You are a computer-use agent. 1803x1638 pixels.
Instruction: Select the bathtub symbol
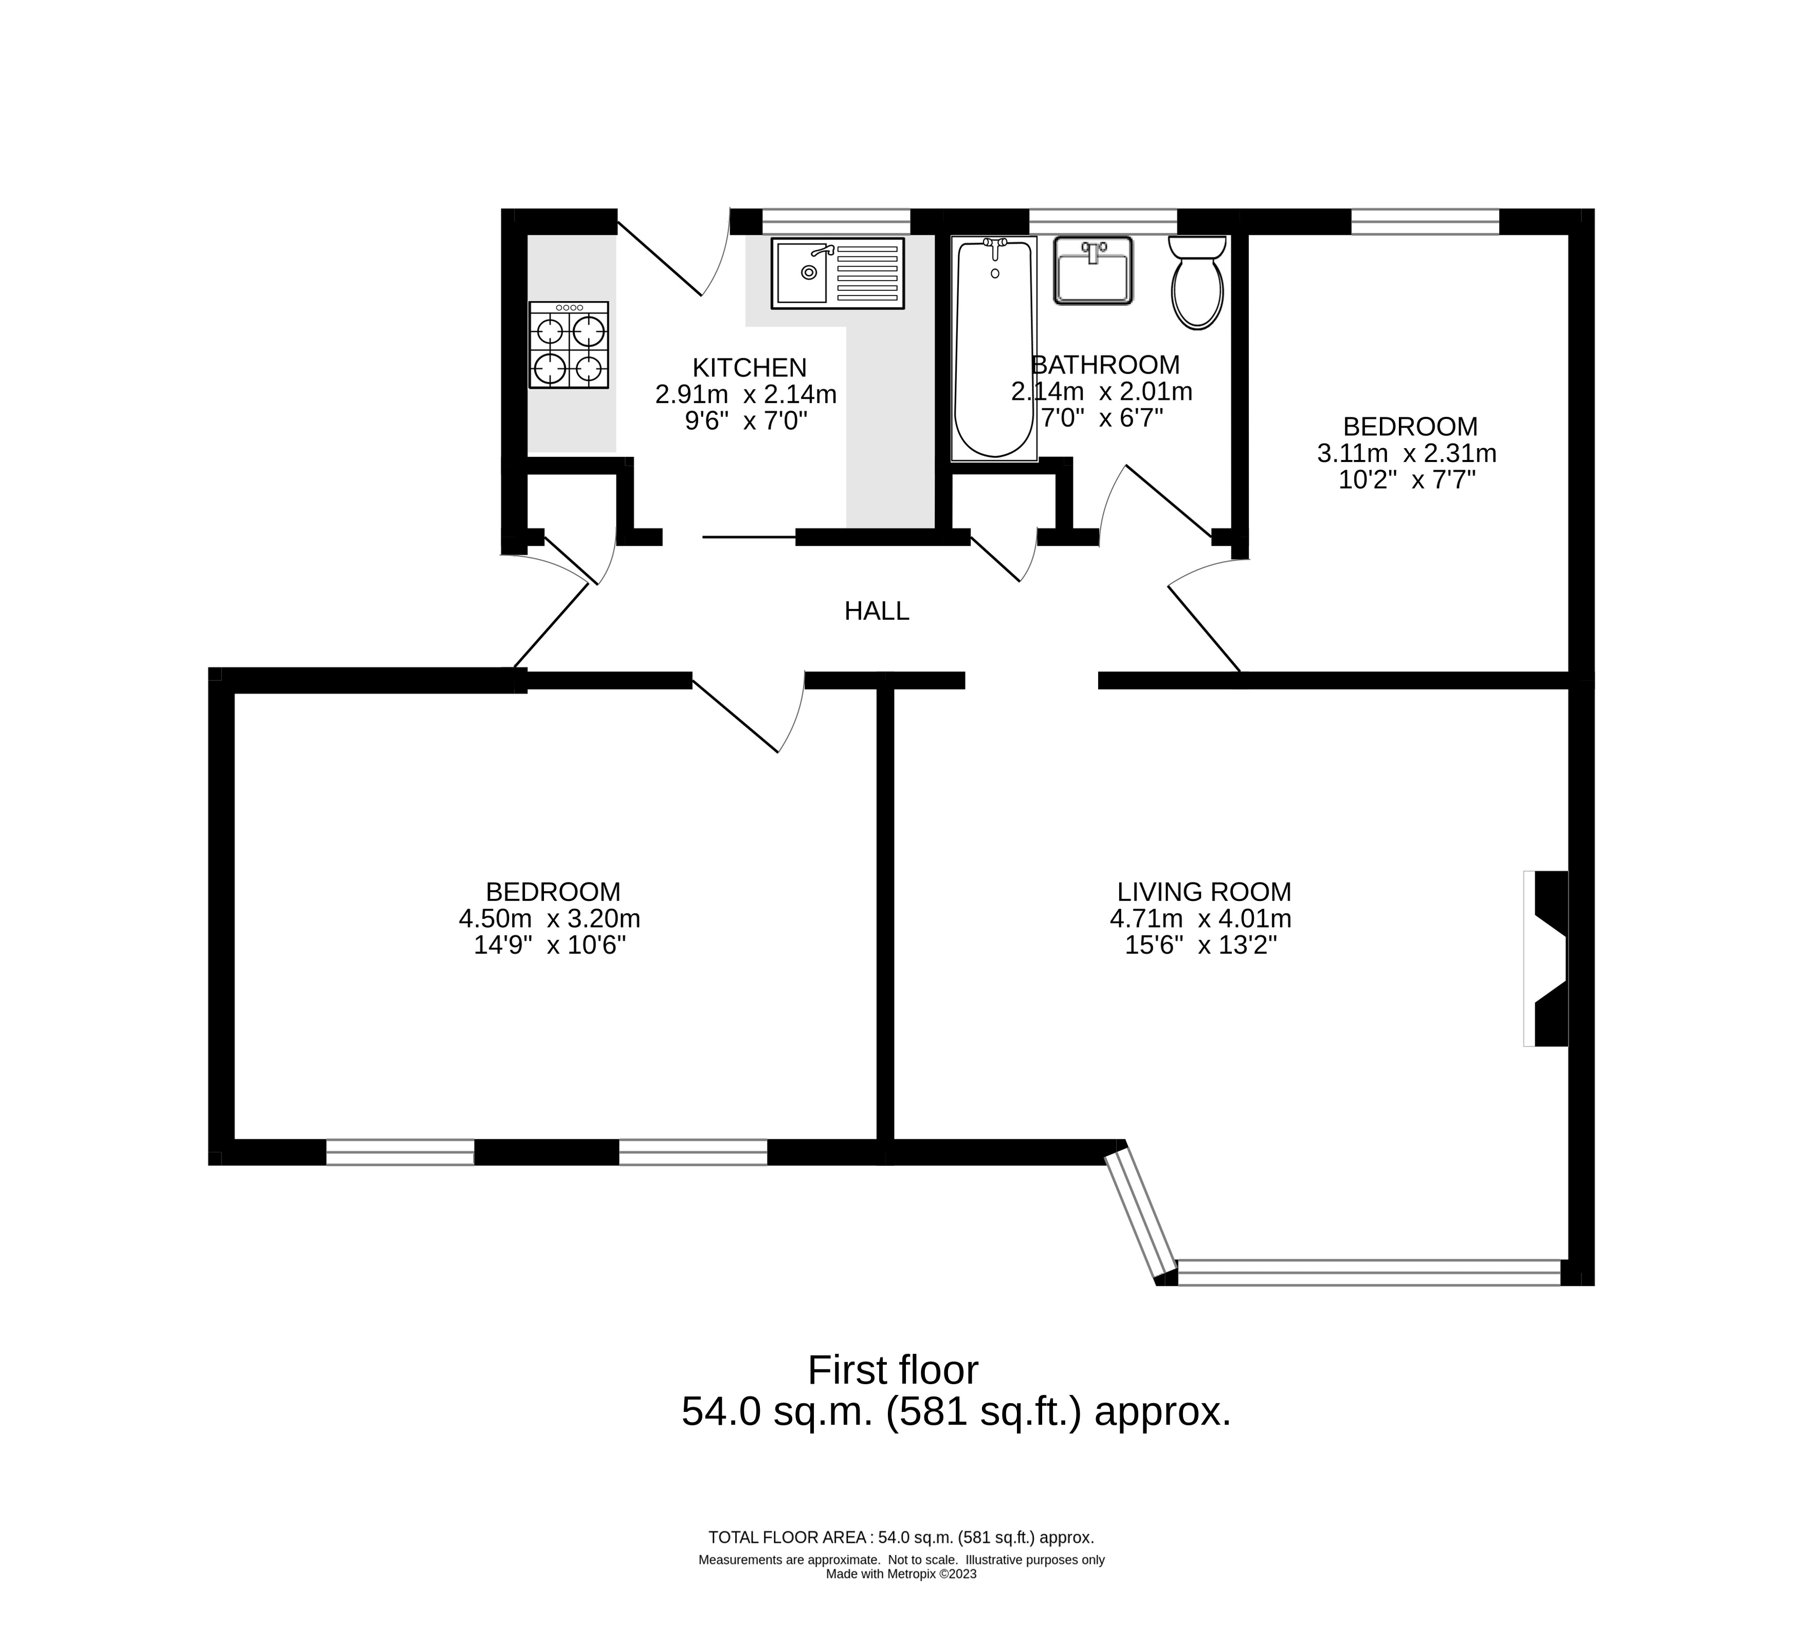click(994, 348)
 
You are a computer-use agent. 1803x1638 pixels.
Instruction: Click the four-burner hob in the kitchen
click(569, 345)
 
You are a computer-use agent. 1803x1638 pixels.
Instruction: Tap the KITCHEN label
click(750, 367)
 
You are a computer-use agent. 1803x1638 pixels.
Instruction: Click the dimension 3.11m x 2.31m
click(1407, 453)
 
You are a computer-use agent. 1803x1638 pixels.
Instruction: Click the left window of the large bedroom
click(400, 1152)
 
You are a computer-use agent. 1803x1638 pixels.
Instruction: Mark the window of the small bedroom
click(1425, 221)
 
